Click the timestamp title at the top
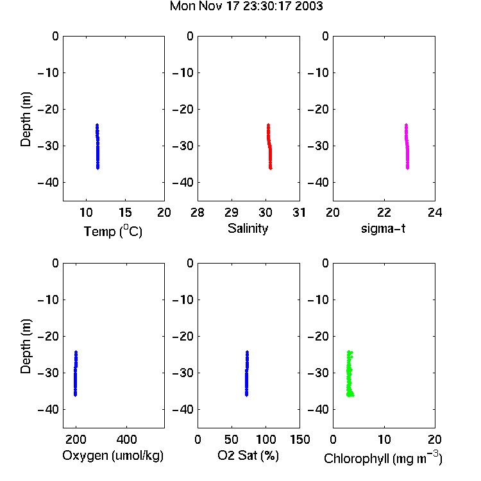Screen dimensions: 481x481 coord(246,6)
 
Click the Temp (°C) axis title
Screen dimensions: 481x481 coord(113,232)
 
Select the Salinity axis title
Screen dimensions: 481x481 coord(248,228)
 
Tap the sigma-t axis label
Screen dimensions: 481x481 coord(383,228)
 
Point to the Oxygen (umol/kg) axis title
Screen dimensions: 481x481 coord(113,456)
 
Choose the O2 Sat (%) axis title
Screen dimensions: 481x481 coord(248,455)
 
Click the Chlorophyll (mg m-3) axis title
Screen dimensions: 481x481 coord(383,458)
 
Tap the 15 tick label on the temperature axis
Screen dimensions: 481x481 coord(125,212)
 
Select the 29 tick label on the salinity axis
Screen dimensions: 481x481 coord(232,212)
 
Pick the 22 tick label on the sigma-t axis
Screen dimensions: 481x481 coord(384,212)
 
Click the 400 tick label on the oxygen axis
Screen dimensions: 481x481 coord(127,439)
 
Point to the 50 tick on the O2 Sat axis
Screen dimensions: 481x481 coord(232,439)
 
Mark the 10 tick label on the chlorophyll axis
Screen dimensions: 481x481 coord(384,439)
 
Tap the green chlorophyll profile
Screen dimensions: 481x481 coord(350,374)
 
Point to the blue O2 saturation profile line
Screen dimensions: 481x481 coord(247,374)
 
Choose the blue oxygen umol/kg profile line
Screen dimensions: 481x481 coord(76,374)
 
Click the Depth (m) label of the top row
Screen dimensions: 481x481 coord(26,119)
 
